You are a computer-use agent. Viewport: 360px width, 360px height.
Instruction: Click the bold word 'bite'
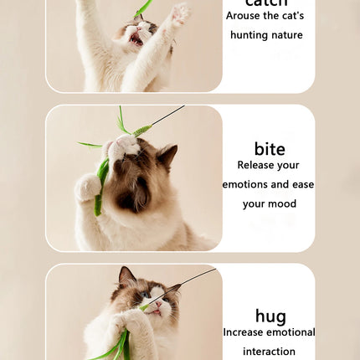[x=269, y=149]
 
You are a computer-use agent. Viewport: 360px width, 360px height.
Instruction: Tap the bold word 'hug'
[x=270, y=316]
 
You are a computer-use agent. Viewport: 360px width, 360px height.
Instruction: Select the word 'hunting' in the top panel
[x=249, y=35]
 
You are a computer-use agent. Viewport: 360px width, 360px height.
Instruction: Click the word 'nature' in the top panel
[x=286, y=35]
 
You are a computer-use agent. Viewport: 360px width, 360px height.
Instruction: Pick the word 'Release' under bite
[x=256, y=166]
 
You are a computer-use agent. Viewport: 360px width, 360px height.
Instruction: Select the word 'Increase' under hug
[x=243, y=332]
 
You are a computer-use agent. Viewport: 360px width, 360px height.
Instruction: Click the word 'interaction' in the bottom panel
[x=269, y=352]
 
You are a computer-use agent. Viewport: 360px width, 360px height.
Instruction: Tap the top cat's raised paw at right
[x=178, y=14]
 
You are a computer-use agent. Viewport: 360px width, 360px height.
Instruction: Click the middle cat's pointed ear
[x=167, y=153]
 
